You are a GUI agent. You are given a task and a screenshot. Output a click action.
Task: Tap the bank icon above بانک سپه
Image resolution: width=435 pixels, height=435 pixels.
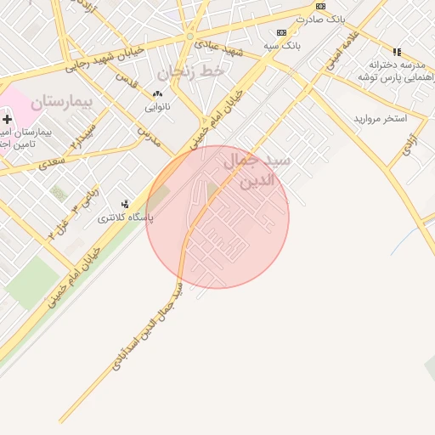pyautogui.click(x=281, y=32)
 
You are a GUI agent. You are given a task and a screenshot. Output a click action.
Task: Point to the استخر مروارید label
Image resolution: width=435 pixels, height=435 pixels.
pyautogui.click(x=381, y=117)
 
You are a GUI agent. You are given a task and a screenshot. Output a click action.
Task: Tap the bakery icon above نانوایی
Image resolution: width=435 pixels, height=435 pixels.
pyautogui.click(x=157, y=94)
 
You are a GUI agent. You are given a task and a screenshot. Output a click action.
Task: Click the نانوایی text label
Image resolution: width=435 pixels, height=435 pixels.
pyautogui.click(x=157, y=107)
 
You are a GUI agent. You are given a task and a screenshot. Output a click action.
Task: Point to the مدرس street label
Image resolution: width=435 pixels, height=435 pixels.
pyautogui.click(x=149, y=136)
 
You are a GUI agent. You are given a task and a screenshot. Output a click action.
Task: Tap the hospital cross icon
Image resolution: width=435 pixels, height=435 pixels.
pyautogui.click(x=8, y=120)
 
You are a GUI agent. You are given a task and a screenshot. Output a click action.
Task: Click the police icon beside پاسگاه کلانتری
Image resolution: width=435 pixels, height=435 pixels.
pyautogui.click(x=127, y=204)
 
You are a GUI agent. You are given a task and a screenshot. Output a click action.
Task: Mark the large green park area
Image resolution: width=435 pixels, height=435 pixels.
pyautogui.click(x=31, y=280)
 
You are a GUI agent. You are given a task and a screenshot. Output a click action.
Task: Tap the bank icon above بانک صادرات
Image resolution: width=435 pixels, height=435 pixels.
pyautogui.click(x=320, y=6)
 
